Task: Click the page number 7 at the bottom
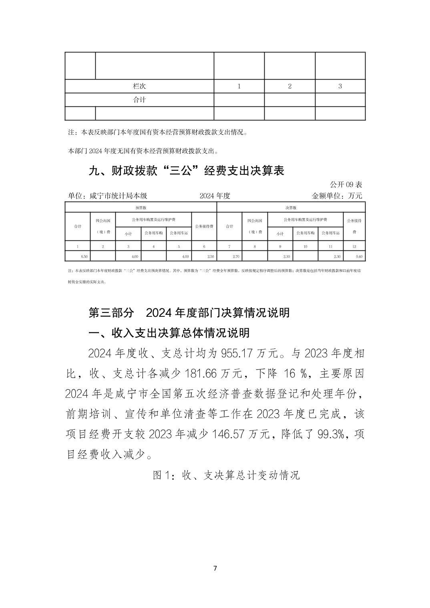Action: pyautogui.click(x=215, y=568)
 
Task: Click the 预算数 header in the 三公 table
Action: pyautogui.click(x=141, y=208)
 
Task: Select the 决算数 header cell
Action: pyautogui.click(x=291, y=208)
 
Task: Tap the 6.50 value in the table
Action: pyautogui.click(x=84, y=256)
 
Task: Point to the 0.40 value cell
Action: pyautogui.click(x=359, y=256)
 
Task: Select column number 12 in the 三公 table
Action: pyautogui.click(x=354, y=246)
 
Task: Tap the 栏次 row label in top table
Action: pyautogui.click(x=139, y=86)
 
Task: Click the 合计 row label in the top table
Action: pyautogui.click(x=139, y=100)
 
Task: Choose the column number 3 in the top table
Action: pyautogui.click(x=340, y=86)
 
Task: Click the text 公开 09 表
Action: pyautogui.click(x=346, y=184)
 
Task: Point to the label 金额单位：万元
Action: pyautogui.click(x=337, y=196)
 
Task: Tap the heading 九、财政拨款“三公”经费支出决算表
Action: pyautogui.click(x=186, y=171)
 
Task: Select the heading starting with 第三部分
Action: pyautogui.click(x=189, y=312)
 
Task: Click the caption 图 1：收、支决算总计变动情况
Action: pyautogui.click(x=226, y=475)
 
